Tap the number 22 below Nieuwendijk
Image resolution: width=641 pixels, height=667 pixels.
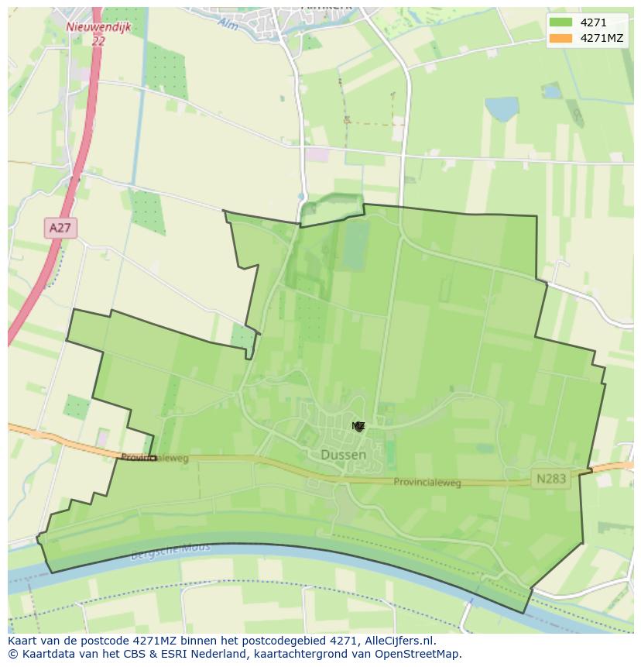98,41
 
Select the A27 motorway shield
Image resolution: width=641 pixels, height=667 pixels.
60,228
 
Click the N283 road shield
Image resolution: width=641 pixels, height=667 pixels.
550,479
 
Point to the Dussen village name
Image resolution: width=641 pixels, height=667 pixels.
343,455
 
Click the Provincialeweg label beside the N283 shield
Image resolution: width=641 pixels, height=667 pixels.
427,483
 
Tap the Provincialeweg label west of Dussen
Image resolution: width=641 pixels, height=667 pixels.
155,458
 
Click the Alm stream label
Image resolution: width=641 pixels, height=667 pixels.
228,24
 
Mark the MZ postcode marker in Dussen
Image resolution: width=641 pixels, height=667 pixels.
358,426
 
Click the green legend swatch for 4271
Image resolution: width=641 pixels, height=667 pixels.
560,22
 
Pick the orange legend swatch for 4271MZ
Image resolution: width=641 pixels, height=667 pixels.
560,38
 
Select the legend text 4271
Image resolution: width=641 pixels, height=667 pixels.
594,22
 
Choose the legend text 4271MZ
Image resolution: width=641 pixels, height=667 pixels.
602,38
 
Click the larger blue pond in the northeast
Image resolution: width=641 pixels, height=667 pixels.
501,108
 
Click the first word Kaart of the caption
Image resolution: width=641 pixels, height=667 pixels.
24,641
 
